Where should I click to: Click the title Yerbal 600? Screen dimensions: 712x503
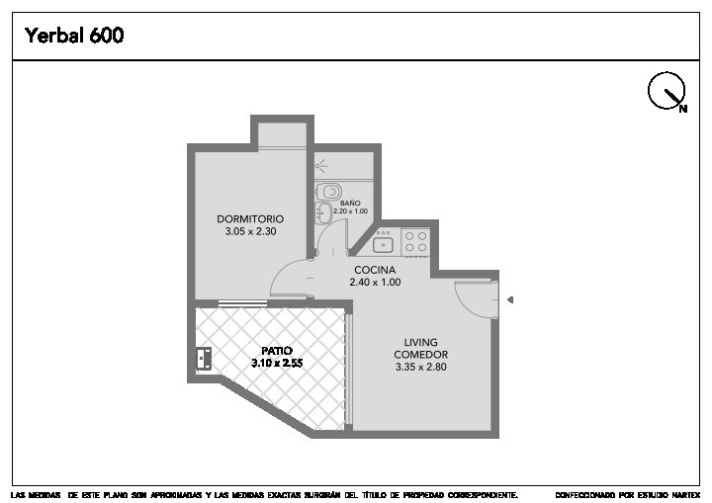[x=74, y=35]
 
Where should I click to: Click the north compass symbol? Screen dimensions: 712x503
[x=667, y=91]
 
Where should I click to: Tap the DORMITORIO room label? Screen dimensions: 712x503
[x=250, y=218]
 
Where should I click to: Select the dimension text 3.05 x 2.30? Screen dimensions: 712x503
[x=250, y=231]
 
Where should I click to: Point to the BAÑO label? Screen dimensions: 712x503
[x=350, y=203]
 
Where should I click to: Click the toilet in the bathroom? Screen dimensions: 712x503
[x=328, y=192]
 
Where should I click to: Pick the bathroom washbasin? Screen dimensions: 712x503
[x=323, y=212]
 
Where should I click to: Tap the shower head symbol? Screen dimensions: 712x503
[x=321, y=166]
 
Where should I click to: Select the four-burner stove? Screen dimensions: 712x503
[x=415, y=241]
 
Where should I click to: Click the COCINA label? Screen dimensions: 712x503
[x=375, y=270]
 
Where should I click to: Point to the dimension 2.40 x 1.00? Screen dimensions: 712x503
[x=375, y=282]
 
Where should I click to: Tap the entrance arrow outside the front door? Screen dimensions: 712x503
[x=510, y=299]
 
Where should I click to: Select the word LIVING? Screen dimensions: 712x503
[x=421, y=342]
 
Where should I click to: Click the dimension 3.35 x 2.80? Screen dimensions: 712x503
[x=421, y=367]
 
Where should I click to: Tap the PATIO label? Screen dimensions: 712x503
[x=277, y=351]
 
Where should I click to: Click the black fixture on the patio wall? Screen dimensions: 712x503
[x=204, y=359]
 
